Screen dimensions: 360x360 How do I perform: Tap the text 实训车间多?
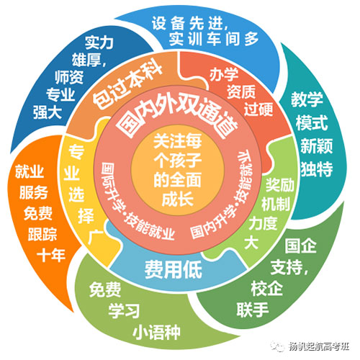click(x=214, y=38)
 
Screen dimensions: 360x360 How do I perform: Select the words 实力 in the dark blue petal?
click(x=99, y=42)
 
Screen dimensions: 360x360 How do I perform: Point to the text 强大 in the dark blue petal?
click(x=48, y=112)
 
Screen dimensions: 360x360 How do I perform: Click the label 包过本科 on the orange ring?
click(x=128, y=85)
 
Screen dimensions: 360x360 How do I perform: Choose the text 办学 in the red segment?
click(x=224, y=75)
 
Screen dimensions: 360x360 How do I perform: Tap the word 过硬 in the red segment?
click(x=258, y=109)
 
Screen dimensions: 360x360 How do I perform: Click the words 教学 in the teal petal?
click(x=307, y=99)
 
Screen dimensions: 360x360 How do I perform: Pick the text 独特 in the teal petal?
click(x=317, y=168)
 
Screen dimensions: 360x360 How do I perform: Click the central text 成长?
click(x=178, y=199)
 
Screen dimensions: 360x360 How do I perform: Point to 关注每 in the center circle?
click(x=178, y=141)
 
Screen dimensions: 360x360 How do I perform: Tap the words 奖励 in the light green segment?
click(x=280, y=185)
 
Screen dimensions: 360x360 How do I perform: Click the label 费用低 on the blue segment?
click(x=173, y=269)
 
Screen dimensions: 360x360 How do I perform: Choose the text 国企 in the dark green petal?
click(x=300, y=246)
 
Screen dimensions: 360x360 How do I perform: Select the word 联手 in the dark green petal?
click(x=253, y=310)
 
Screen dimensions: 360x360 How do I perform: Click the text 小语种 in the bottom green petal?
click(x=156, y=332)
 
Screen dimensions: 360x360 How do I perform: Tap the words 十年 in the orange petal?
click(x=51, y=255)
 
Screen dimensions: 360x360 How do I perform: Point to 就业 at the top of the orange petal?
click(x=30, y=171)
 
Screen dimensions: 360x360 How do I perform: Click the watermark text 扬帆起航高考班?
click(x=319, y=346)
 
